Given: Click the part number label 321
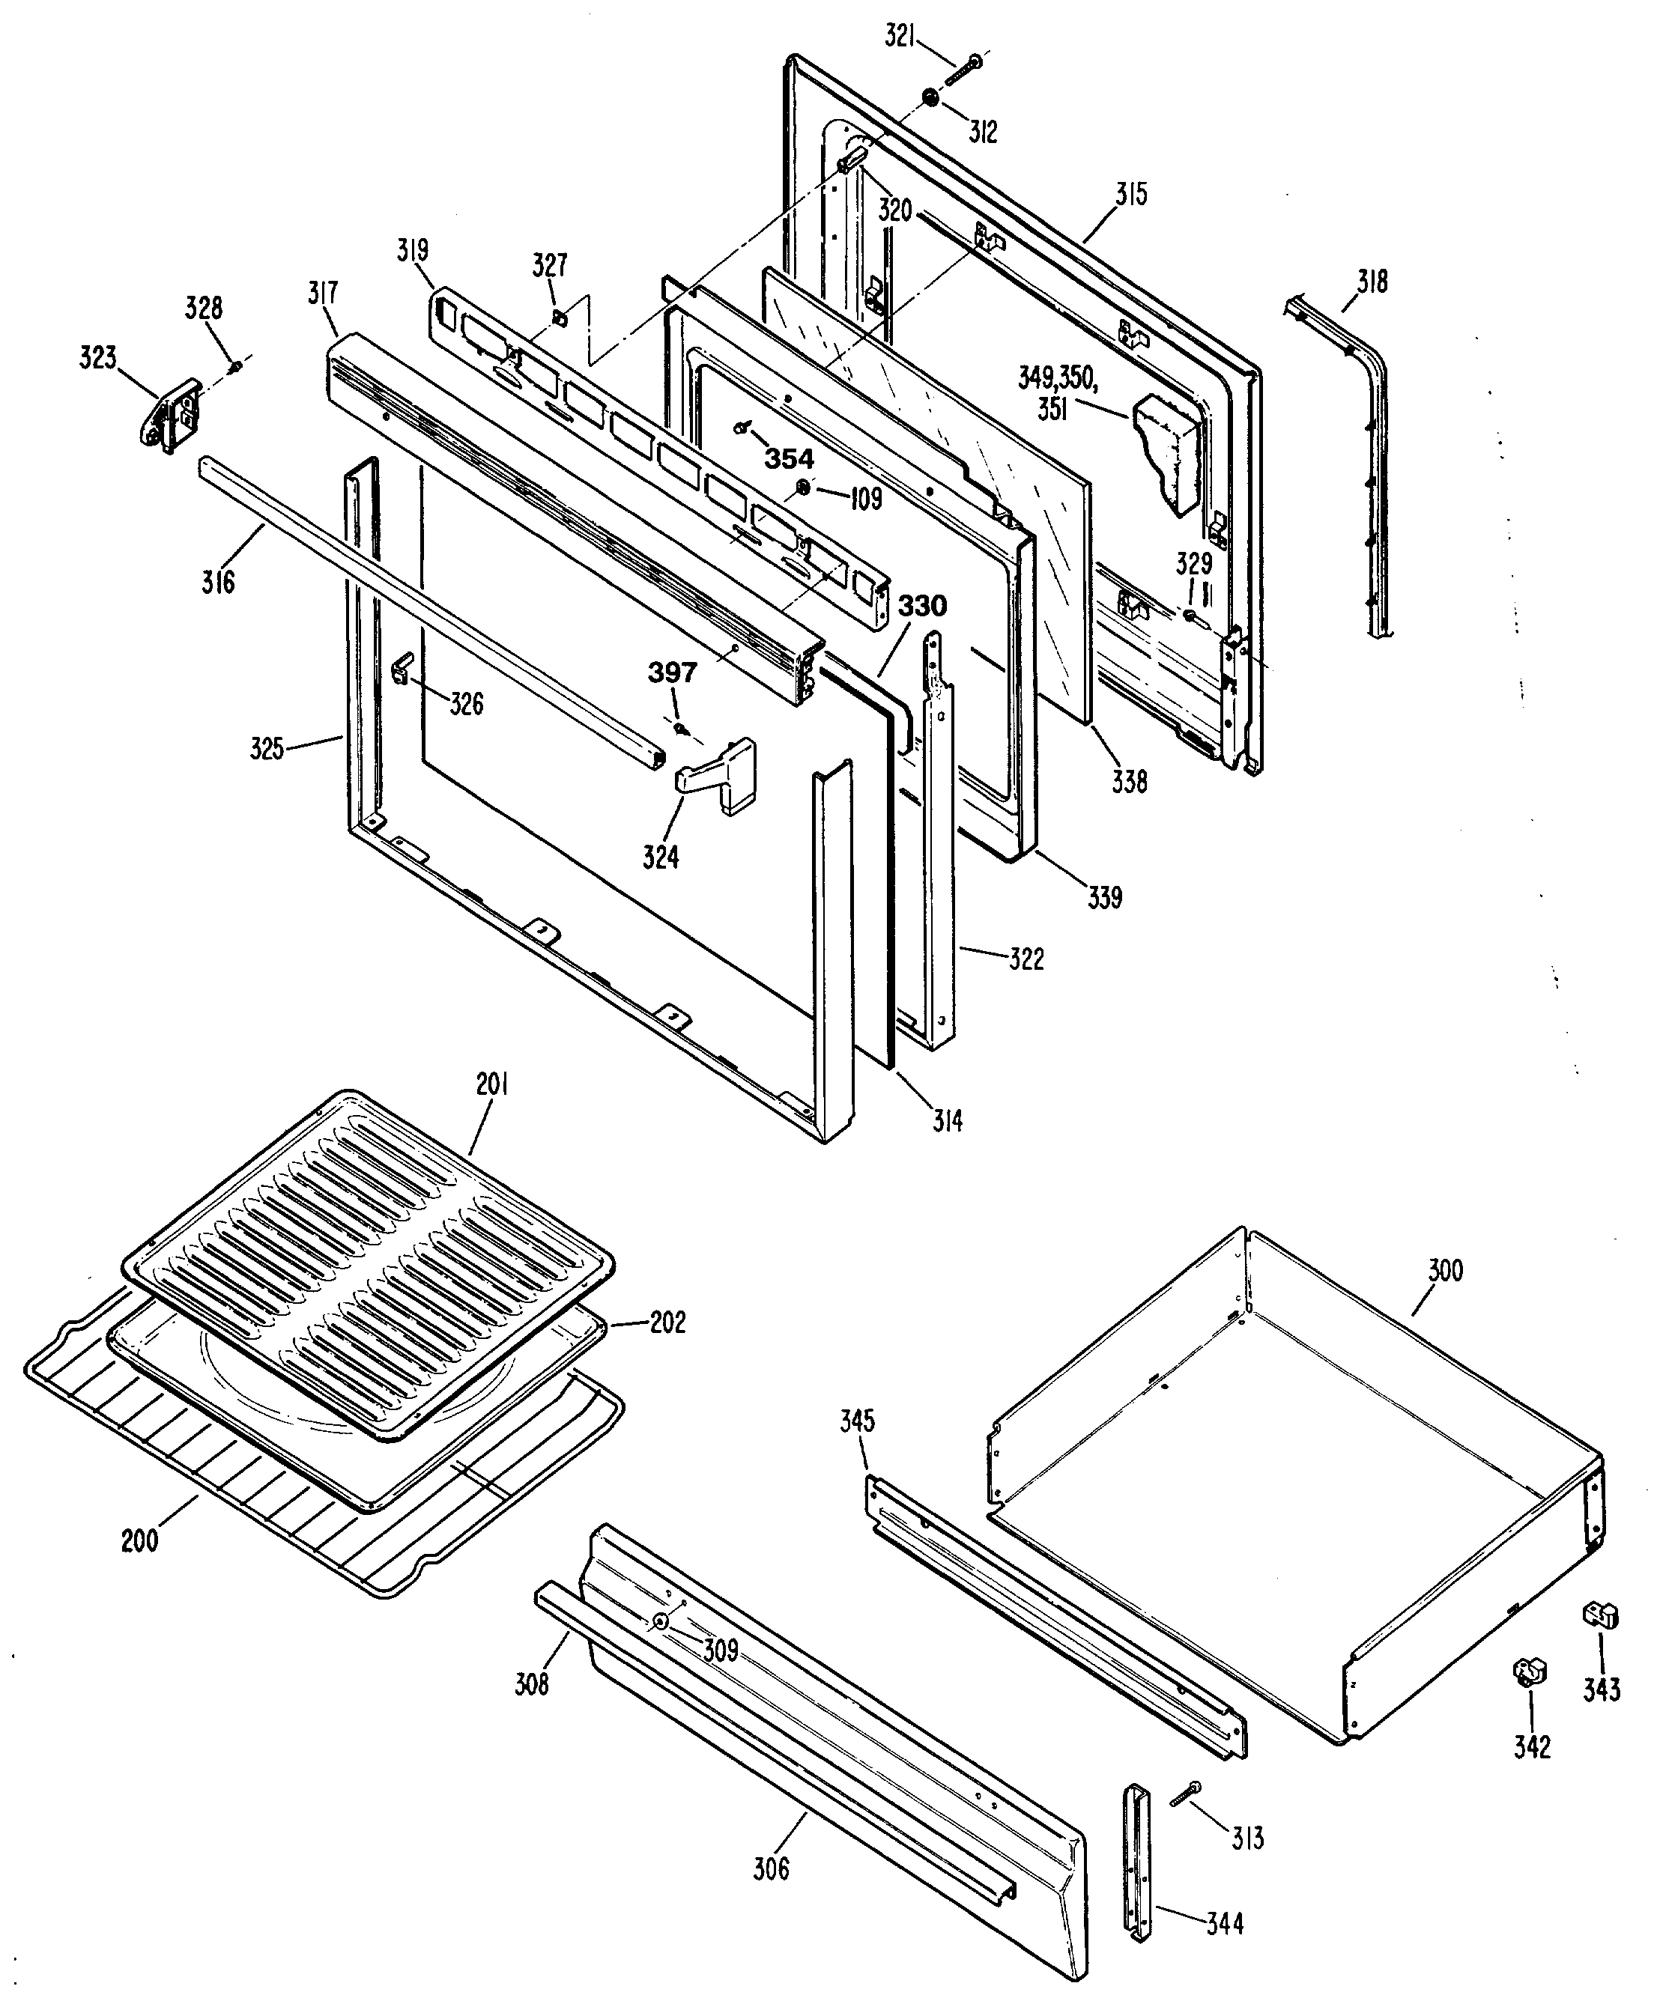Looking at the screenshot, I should [900, 37].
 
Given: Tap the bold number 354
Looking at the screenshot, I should [789, 459].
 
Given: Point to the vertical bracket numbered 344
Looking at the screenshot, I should [1137, 1863].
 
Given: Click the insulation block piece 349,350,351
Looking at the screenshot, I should [1167, 450].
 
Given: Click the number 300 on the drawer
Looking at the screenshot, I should [1445, 1270].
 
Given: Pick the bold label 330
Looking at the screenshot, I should [921, 605].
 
